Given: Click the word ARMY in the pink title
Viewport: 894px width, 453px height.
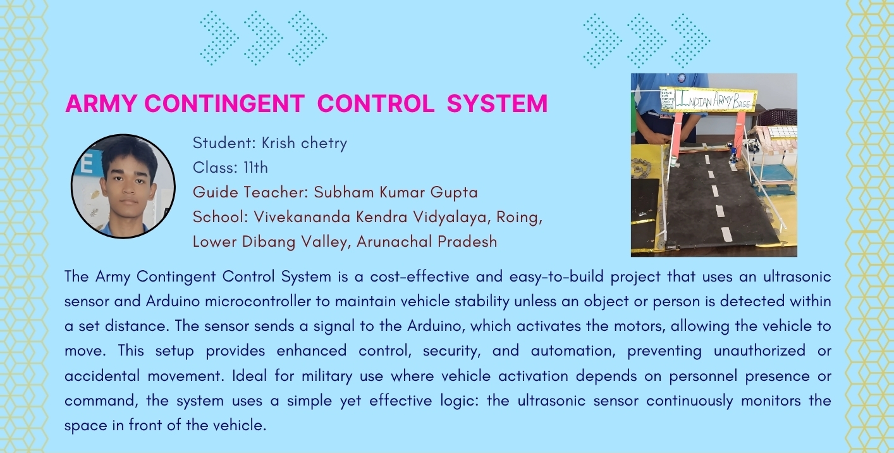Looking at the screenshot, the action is pos(101,104).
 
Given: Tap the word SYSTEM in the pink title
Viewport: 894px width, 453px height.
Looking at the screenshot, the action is pos(498,104).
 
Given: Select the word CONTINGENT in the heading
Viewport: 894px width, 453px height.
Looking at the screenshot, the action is pos(224,104).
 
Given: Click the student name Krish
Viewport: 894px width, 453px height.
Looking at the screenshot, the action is pos(278,142).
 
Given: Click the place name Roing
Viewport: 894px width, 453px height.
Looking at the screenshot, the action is pos(519,218).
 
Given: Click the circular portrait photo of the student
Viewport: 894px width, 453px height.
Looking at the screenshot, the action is pos(123,186).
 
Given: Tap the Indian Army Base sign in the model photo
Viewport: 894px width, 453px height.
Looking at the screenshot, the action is pos(708,99).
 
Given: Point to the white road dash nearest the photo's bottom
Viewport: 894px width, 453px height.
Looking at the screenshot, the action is pos(726,233).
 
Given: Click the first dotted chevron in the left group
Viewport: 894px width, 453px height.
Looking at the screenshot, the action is pos(219,39).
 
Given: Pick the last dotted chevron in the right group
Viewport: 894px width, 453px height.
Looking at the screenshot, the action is pos(690,40).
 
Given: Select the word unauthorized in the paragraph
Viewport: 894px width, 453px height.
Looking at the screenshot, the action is pos(759,351).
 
